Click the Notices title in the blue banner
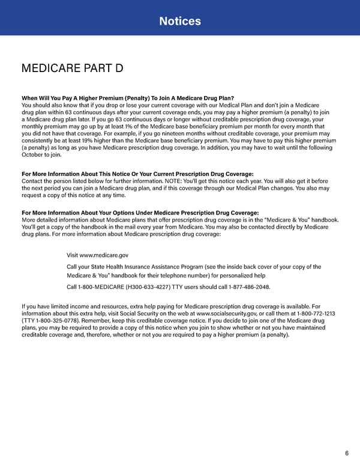click(180, 22)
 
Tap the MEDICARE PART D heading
click(72, 68)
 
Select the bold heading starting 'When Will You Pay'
click(127, 98)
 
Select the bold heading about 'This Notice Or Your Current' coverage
click(137, 174)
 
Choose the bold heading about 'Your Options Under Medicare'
click(140, 213)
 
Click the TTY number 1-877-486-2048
click(245, 287)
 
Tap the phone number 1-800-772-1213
click(311, 313)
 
